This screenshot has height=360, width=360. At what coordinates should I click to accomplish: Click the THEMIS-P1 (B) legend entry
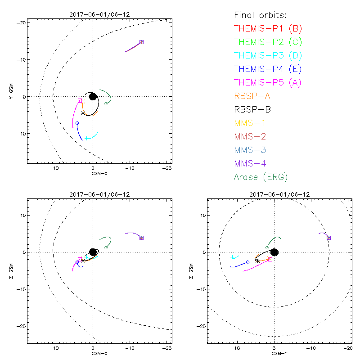[268, 29]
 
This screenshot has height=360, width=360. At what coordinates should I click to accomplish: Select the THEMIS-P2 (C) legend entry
[268, 42]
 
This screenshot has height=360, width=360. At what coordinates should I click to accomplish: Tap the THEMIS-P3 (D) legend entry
[268, 56]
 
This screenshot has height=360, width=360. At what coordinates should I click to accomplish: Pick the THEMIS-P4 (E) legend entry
[268, 69]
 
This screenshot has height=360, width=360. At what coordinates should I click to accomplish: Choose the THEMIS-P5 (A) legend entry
[268, 83]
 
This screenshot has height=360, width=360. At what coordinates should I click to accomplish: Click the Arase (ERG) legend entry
[261, 177]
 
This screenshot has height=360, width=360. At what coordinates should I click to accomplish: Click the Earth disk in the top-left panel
[93, 96]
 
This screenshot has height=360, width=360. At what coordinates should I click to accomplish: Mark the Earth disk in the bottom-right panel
[274, 252]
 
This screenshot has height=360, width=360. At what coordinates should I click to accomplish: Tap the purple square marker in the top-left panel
[141, 42]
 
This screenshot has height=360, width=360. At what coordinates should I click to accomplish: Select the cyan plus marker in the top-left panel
[86, 138]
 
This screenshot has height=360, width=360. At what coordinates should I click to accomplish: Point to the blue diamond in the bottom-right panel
[248, 262]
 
